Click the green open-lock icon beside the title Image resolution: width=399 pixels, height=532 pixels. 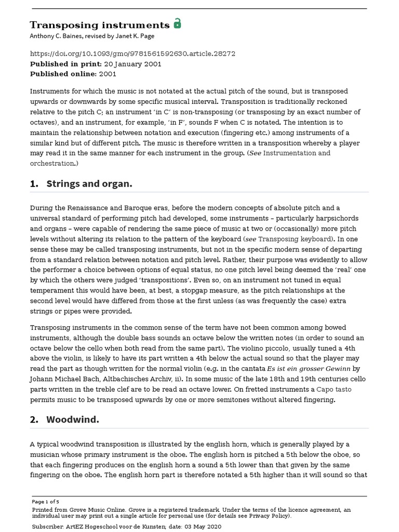pos(177,23)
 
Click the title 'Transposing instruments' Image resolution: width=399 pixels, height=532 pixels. pos(100,25)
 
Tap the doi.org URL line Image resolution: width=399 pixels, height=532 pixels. pos(132,53)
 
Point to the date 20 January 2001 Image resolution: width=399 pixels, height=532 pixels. pos(132,64)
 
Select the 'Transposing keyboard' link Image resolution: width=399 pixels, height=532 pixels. pos(295,239)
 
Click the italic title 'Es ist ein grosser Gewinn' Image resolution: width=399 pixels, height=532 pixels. pos(316,368)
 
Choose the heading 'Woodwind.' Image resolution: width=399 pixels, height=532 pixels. pos(72,419)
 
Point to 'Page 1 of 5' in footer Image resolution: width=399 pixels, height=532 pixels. pos(46,502)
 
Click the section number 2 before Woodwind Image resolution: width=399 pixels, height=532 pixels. pos(33,419)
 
